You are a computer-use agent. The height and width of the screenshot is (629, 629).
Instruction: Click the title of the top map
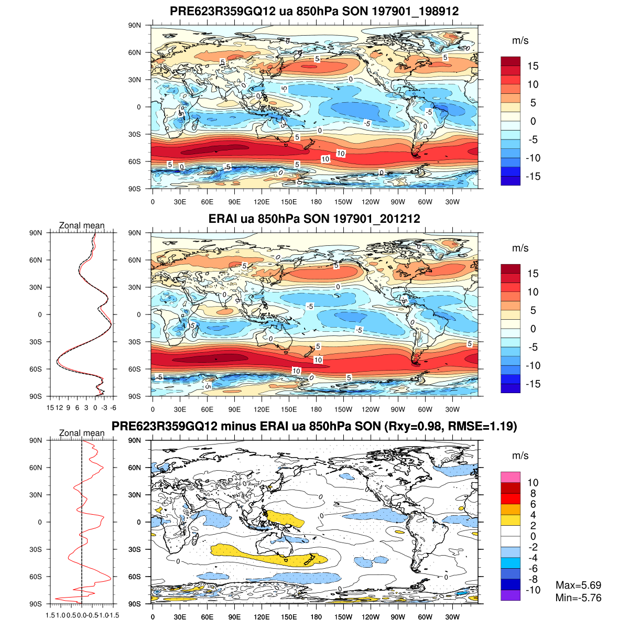click(314, 11)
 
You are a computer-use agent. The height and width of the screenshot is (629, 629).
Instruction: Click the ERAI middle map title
click(314, 219)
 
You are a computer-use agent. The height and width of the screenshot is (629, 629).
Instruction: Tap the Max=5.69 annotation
click(578, 585)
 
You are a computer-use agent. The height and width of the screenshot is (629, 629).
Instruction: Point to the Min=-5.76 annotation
click(578, 598)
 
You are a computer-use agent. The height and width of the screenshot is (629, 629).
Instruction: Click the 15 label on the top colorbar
click(533, 66)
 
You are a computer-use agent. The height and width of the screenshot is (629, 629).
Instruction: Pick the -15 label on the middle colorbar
click(533, 384)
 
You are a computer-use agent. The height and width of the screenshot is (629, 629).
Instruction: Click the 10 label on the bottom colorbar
click(533, 483)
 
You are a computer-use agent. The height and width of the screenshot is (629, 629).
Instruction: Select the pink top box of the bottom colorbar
click(511, 477)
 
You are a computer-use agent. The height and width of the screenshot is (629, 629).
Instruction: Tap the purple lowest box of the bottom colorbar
click(511, 595)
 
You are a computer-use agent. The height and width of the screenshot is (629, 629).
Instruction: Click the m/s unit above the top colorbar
click(520, 40)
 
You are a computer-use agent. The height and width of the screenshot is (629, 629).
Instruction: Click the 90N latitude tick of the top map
click(135, 25)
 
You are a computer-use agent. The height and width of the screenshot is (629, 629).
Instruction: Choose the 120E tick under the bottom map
click(262, 617)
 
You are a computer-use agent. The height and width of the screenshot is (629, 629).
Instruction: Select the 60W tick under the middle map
click(425, 409)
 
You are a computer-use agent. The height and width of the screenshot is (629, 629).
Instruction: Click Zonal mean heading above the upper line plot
click(82, 225)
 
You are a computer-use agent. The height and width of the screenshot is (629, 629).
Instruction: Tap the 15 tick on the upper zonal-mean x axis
click(51, 407)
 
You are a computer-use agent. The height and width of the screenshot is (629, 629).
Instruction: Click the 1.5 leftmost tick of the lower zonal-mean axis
click(51, 615)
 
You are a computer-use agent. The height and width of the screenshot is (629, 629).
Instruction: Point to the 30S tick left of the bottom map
click(135, 549)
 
